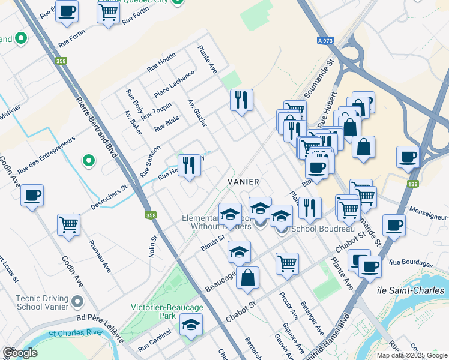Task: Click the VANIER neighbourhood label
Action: click(x=243, y=181)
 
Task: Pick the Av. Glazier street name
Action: click(x=197, y=113)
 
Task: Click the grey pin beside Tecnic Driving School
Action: click(x=77, y=301)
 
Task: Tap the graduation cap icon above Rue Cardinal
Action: click(x=191, y=325)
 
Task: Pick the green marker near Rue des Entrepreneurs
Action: click(x=88, y=161)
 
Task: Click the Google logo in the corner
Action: click(x=20, y=353)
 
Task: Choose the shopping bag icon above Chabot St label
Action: click(x=247, y=278)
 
